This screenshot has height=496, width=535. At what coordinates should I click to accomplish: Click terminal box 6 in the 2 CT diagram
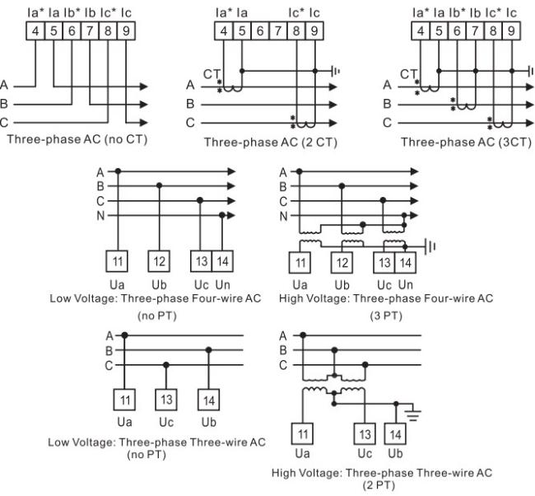tap(260, 30)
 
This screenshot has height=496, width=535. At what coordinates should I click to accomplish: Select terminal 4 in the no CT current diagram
tap(35, 30)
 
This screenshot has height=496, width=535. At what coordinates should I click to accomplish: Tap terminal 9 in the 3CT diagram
tap(511, 30)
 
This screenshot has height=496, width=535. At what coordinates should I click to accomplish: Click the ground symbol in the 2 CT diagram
tap(336, 71)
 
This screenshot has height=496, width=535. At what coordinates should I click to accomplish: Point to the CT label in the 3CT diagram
tap(408, 74)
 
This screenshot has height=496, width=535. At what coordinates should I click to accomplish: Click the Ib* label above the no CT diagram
tap(72, 12)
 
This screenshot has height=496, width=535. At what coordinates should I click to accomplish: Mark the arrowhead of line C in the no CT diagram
tap(144, 122)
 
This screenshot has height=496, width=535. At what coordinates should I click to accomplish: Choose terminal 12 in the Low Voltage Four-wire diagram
tap(159, 261)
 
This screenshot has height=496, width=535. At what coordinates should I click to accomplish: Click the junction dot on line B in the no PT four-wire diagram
tap(159, 186)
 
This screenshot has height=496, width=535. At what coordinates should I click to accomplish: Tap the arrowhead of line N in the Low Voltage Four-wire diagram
tap(231, 216)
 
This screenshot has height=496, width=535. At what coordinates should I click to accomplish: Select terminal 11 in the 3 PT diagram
tap(300, 263)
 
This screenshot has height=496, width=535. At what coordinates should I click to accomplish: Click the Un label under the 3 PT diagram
tap(405, 284)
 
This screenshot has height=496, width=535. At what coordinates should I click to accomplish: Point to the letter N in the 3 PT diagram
tap(283, 216)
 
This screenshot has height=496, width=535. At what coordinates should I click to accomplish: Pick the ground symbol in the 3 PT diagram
tap(430, 246)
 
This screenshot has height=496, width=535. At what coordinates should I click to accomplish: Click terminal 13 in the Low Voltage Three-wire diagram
tap(166, 400)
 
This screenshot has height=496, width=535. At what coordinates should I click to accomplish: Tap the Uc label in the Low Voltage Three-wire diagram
tap(166, 422)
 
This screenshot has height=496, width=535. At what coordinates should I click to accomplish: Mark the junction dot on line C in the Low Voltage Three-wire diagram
tap(166, 365)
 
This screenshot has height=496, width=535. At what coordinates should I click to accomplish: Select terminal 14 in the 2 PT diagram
tap(395, 434)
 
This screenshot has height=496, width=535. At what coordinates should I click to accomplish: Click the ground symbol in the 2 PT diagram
tap(413, 414)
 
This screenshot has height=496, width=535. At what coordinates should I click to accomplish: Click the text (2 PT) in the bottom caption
tap(379, 485)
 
